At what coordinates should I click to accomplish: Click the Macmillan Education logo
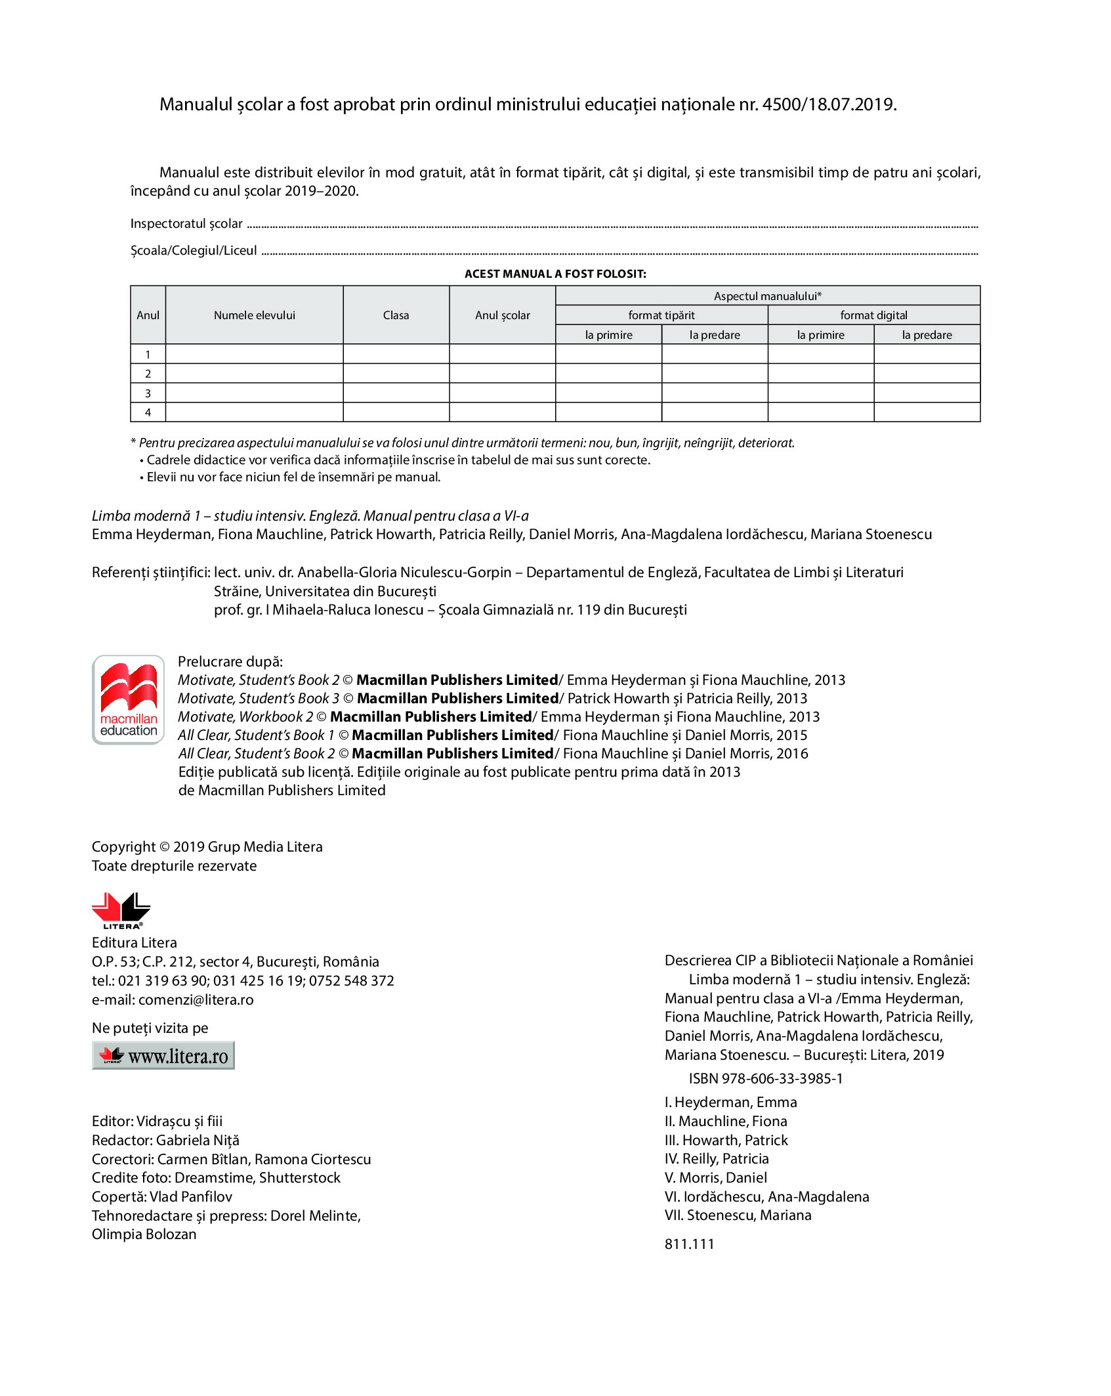coord(128,699)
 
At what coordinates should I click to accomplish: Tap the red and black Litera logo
coord(121,910)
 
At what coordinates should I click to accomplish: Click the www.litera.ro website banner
coord(163,1056)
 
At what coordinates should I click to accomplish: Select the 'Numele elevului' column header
coord(254,315)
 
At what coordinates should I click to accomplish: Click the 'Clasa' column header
coord(396,315)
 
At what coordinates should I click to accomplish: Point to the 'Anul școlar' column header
coord(502,315)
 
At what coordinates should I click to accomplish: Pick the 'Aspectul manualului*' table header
coord(767,296)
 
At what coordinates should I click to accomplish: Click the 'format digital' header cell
coord(873,315)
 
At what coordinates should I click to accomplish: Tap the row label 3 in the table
coord(148,393)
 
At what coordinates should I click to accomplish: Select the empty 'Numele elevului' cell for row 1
coord(254,354)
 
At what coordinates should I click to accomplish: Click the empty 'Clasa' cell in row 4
coord(396,412)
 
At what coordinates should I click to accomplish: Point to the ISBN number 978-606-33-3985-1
coord(782,1078)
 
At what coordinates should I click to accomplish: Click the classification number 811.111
coord(689,1244)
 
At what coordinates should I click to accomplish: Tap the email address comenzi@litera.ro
coord(196,999)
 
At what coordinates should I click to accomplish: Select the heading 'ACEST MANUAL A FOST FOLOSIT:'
coord(555,274)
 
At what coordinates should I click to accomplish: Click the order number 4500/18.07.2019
coord(829,104)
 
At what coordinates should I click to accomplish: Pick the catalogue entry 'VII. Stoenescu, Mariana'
coord(738,1215)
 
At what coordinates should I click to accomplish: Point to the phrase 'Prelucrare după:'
coord(230,661)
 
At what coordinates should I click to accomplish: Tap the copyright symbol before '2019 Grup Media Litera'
coord(165,847)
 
